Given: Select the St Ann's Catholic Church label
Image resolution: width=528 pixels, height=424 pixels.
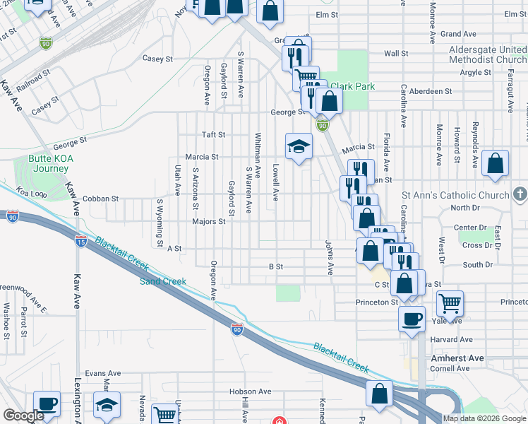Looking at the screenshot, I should (x=455, y=195).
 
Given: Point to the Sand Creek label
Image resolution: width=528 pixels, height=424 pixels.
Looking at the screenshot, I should (x=163, y=281).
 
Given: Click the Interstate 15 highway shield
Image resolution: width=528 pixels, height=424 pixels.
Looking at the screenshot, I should (x=81, y=241).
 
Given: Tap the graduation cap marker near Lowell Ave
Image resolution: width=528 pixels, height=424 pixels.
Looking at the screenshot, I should (x=299, y=146).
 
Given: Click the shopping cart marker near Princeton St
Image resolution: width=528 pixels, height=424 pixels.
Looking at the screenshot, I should (x=450, y=303).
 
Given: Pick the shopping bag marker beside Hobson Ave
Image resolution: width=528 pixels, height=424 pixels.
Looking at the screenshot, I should (x=380, y=394).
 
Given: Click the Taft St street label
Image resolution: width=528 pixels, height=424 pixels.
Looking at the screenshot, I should (x=214, y=134).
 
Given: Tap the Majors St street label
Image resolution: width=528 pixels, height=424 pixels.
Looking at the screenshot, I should (x=208, y=221).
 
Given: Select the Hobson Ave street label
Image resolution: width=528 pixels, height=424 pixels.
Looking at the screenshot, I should (x=250, y=391).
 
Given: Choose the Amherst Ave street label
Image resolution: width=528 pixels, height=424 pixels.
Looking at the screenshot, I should (x=457, y=358).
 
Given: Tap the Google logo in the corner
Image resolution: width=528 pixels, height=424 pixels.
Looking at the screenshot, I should (x=23, y=416).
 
